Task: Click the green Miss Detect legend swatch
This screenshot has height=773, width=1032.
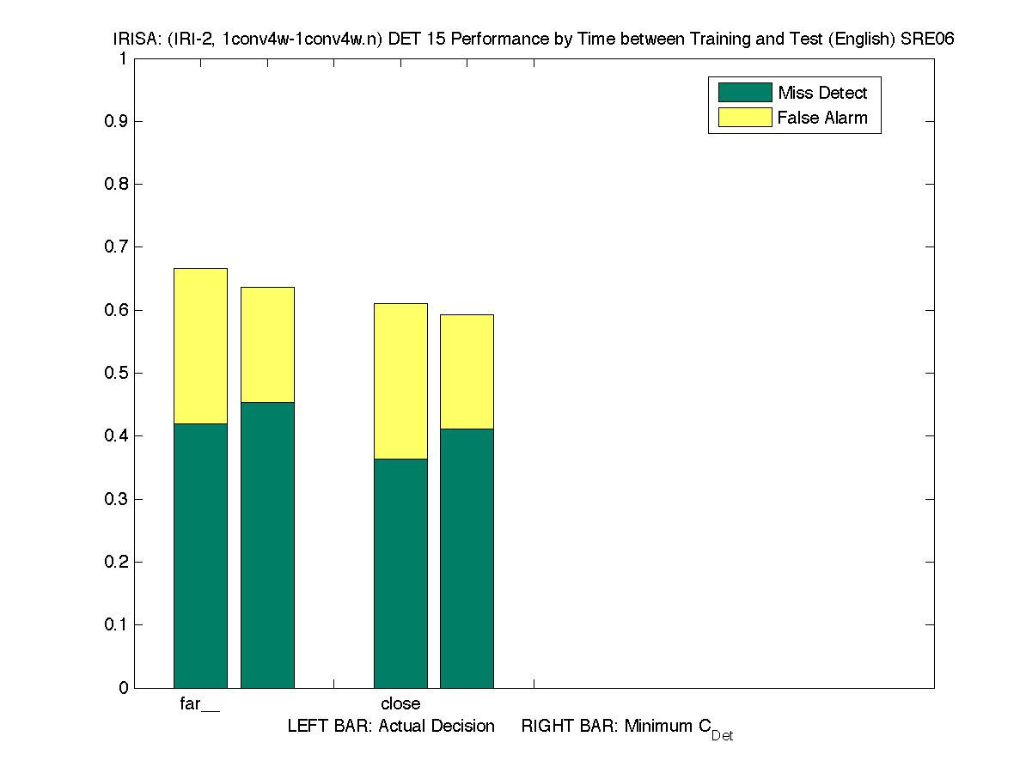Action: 745,93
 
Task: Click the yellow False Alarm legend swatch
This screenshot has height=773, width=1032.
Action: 745,118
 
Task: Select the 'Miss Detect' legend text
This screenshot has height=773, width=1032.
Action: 822,93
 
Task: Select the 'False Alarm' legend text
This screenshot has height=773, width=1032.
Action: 822,118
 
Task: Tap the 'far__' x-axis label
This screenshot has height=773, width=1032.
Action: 199,704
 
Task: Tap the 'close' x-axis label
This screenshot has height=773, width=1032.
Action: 400,704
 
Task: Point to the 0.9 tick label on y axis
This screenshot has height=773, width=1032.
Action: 117,121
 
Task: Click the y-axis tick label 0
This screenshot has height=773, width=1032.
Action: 123,688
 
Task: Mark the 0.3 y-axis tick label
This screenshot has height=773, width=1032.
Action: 117,499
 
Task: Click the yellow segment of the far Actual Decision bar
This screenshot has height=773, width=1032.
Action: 200,345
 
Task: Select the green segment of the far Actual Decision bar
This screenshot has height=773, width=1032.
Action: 200,555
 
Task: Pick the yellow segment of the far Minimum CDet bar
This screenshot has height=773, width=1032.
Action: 267,344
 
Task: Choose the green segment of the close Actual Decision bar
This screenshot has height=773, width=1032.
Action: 400,573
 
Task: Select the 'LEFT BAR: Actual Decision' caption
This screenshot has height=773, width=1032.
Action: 391,727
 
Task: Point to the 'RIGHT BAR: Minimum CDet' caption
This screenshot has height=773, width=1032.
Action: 626,727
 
